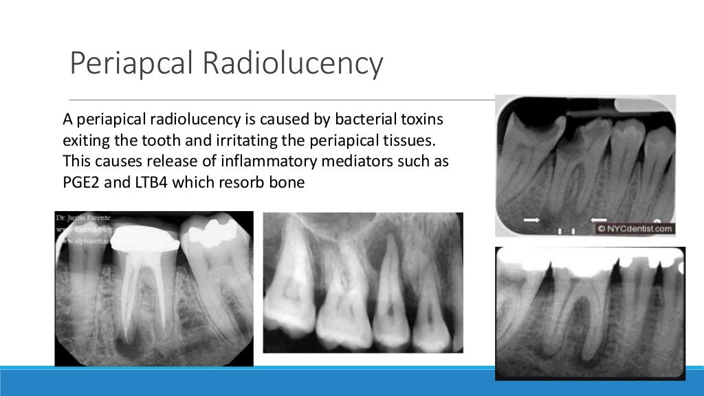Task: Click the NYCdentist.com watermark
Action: [x=635, y=228]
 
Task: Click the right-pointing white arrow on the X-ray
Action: [x=531, y=220]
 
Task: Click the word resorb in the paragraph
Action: [x=239, y=184]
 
